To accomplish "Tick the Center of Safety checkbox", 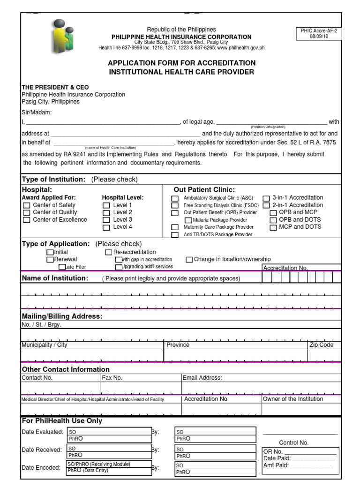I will click(27, 205).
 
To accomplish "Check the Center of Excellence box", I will click(27, 220).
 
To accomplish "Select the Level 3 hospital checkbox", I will click(106, 220).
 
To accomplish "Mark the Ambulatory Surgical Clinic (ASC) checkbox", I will click(175, 198).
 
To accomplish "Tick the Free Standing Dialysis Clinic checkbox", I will click(175, 206).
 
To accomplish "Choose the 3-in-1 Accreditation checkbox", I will click(266, 198).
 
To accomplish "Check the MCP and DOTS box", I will click(273, 227).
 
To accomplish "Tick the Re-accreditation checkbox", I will click(109, 252).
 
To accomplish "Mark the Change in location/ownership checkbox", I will click(189, 259).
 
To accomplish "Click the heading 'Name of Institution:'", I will click(55, 278).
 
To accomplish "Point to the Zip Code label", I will click(321, 345).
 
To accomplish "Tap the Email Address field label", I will click(202, 378).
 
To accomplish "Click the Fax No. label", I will click(112, 378).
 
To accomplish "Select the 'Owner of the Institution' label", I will click(293, 399).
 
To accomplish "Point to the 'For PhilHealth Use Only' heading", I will click(62, 421).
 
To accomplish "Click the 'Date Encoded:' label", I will click(41, 467).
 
